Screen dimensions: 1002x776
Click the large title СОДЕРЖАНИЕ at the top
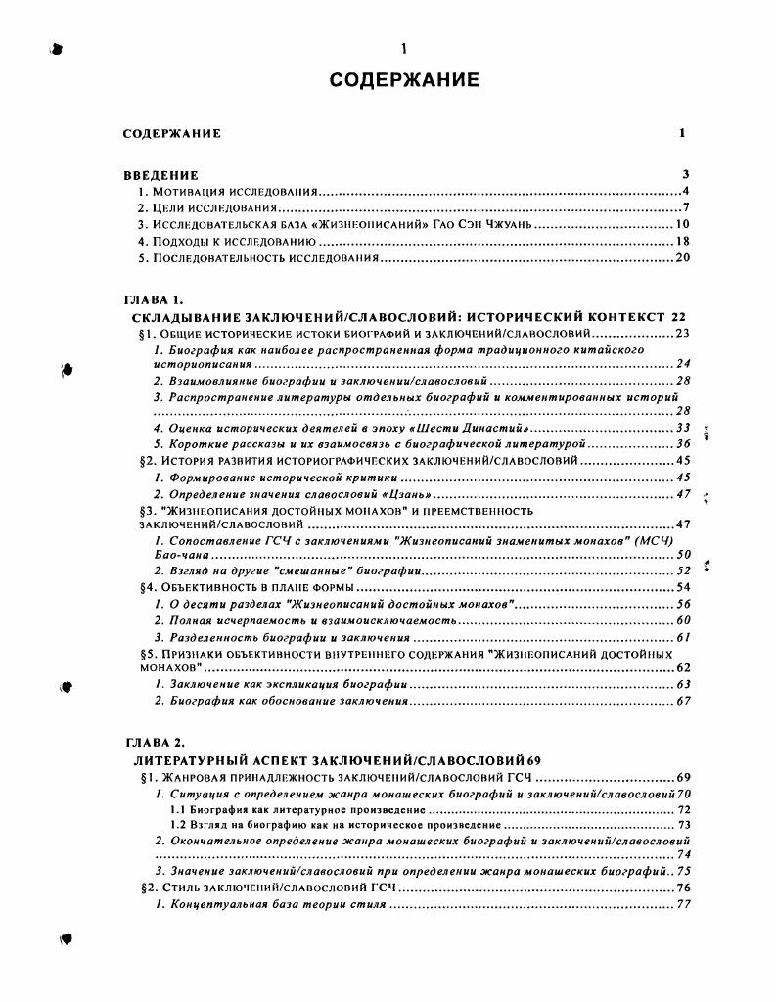[x=403, y=79]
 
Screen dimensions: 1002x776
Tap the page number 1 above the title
[x=403, y=49]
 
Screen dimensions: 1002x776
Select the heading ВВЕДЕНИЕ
[x=161, y=175]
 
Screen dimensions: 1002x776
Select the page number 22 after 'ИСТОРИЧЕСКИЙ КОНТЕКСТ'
[x=679, y=317]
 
